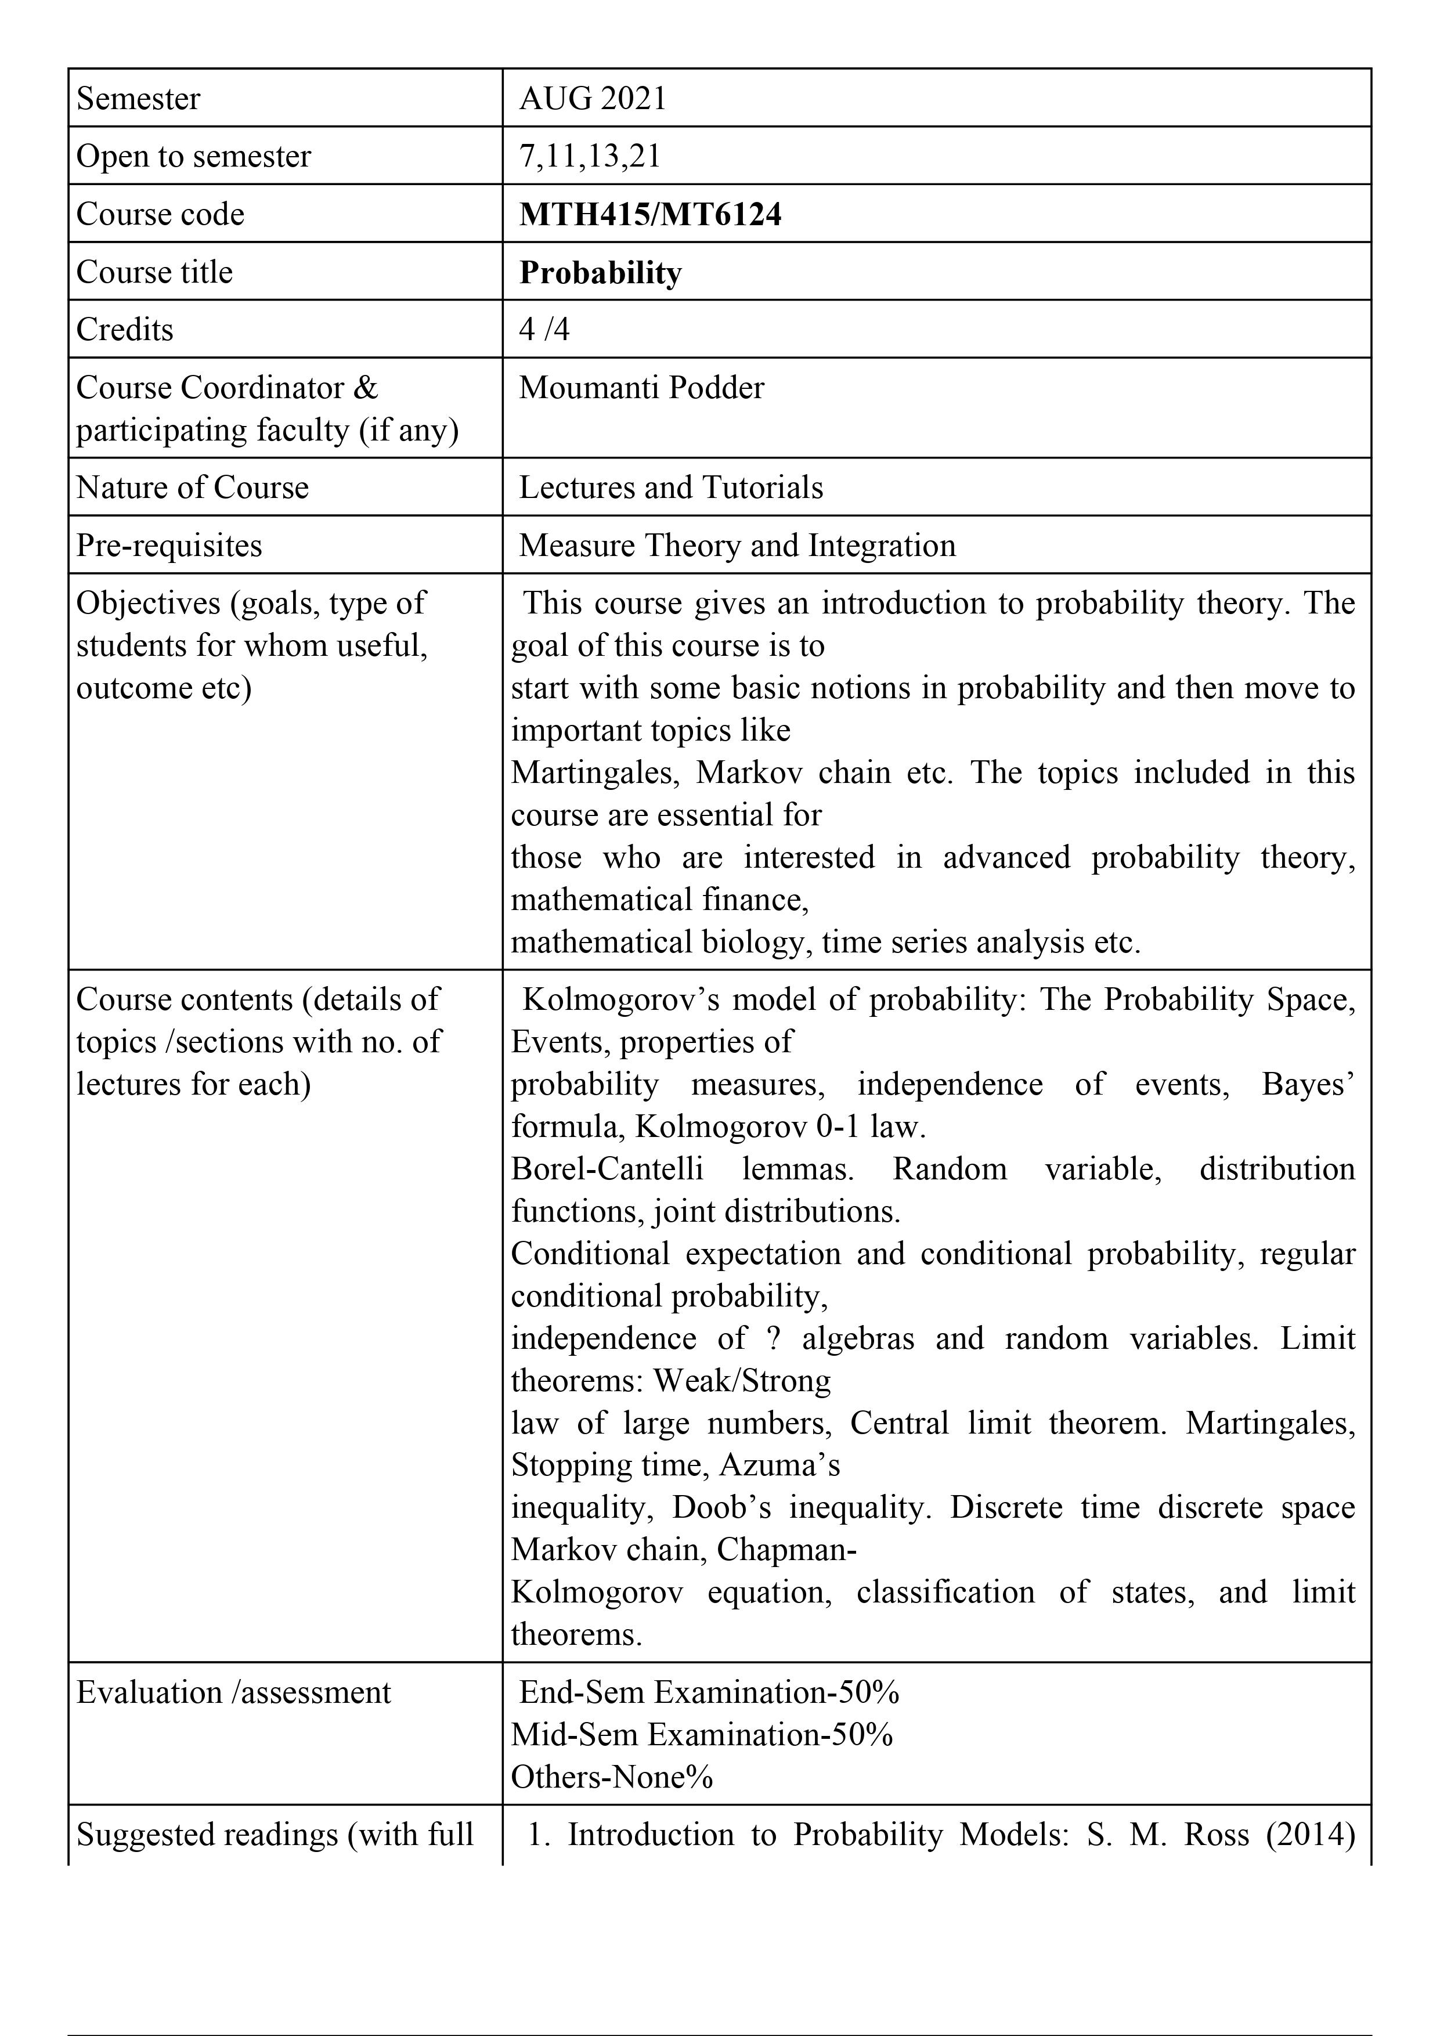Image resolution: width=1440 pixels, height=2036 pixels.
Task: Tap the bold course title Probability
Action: click(x=600, y=272)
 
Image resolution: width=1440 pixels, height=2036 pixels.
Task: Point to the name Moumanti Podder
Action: click(x=641, y=388)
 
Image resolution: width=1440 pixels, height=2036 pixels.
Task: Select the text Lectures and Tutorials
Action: click(x=670, y=488)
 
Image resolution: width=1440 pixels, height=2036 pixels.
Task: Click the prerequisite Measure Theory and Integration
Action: click(x=737, y=546)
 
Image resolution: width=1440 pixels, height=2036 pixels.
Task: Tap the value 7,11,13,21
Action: click(x=590, y=156)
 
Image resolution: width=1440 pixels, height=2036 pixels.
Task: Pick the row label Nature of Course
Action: click(x=193, y=488)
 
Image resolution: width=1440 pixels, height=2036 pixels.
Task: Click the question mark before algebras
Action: click(x=774, y=1338)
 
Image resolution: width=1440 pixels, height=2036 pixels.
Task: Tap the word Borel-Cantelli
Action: click(x=607, y=1169)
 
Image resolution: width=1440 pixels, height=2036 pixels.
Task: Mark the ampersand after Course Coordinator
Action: click(x=364, y=388)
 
